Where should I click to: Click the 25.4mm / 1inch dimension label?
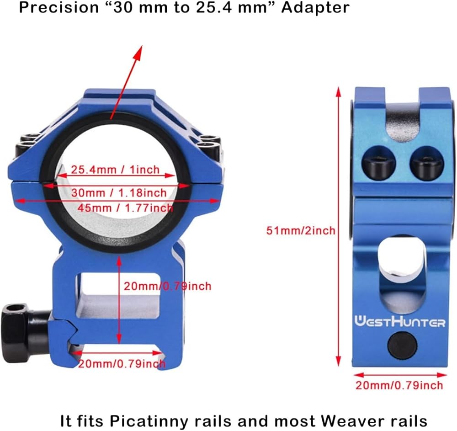(x=115, y=170)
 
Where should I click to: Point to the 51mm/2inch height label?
(x=301, y=230)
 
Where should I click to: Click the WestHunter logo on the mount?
(x=399, y=322)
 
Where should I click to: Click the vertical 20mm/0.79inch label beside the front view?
(x=167, y=287)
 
